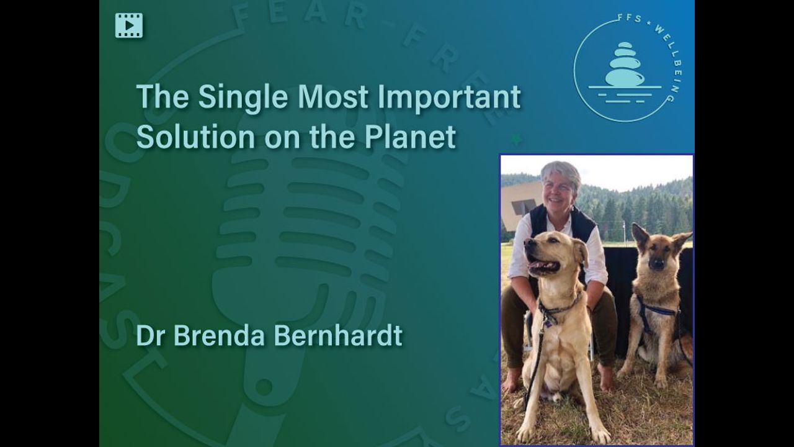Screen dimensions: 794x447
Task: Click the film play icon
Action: (x=129, y=25)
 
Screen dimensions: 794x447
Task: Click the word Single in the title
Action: (x=243, y=98)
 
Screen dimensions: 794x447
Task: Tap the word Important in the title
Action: (x=448, y=97)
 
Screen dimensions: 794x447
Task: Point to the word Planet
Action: (x=411, y=137)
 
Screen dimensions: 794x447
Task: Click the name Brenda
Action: (x=219, y=335)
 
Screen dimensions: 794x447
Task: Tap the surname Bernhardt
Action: (x=338, y=335)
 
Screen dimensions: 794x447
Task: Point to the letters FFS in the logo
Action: (x=630, y=19)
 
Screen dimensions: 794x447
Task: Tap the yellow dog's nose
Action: (x=529, y=243)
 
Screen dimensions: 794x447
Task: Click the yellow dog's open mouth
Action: (x=545, y=266)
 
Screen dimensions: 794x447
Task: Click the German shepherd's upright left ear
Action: (x=639, y=236)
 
